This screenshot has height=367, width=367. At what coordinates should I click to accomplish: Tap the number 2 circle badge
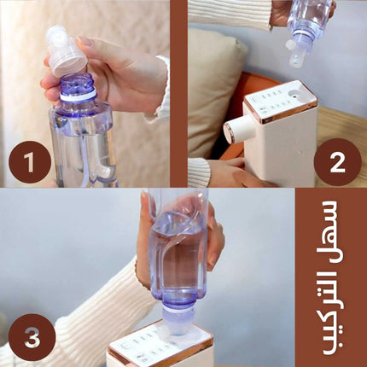click(x=337, y=162)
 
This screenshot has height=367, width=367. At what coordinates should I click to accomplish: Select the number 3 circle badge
click(x=32, y=337)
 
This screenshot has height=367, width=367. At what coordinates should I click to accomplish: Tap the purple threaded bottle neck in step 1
click(x=77, y=88)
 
